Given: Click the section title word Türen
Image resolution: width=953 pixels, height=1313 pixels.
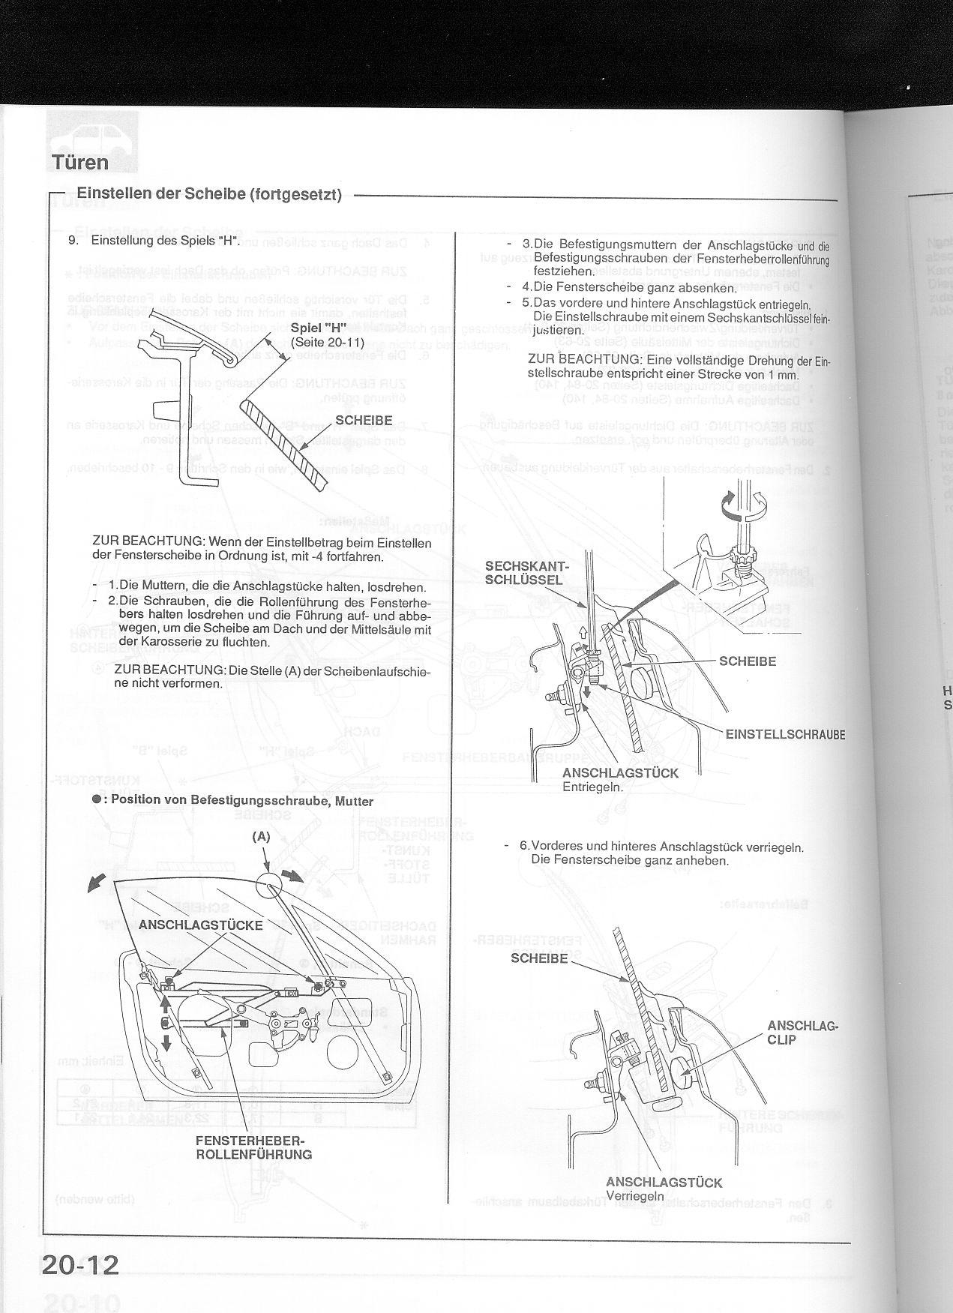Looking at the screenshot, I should point(80,162).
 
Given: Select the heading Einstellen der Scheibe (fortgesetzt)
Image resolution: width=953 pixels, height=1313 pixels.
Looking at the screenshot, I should point(209,195).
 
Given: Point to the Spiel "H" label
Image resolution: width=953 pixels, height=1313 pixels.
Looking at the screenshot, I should point(317,330).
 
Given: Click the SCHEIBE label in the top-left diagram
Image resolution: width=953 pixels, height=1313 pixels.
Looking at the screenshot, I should point(364,420).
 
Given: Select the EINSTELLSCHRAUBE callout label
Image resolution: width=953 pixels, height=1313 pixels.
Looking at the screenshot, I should point(784,734).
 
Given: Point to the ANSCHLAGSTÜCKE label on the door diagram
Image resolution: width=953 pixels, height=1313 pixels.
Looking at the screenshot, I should point(200,925).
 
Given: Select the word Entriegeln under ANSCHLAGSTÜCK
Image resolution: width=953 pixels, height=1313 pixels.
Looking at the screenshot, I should point(592,787).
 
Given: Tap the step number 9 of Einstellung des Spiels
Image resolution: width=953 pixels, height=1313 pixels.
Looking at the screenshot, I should point(73,241).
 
